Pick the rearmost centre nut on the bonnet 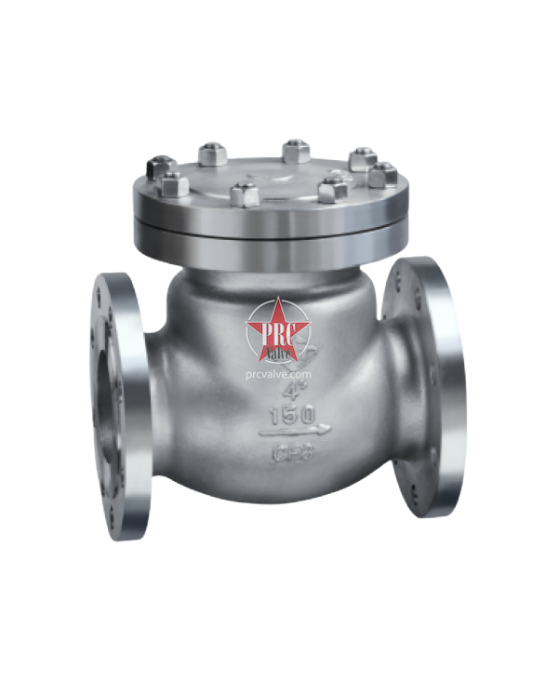(x=295, y=148)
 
